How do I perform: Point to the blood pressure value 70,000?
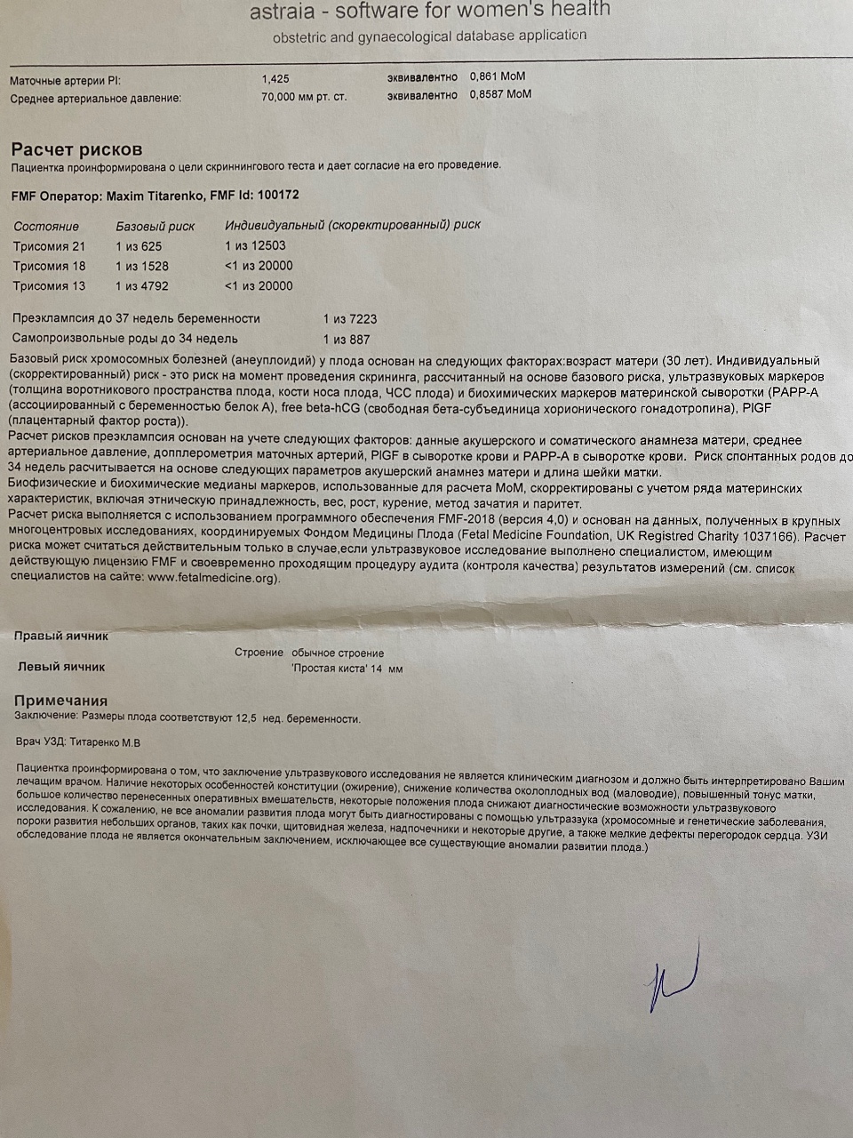point(282,97)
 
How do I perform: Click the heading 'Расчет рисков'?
point(76,149)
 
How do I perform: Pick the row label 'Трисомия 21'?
point(50,246)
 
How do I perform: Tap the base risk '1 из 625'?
point(139,246)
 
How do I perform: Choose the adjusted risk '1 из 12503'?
point(256,245)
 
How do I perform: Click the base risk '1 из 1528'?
point(142,266)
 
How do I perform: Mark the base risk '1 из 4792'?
point(142,286)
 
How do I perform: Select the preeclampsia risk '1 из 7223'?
point(350,319)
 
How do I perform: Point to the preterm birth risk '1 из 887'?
point(347,340)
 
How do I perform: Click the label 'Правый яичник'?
point(61,637)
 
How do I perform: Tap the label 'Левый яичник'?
point(61,667)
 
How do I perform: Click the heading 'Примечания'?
point(60,701)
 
